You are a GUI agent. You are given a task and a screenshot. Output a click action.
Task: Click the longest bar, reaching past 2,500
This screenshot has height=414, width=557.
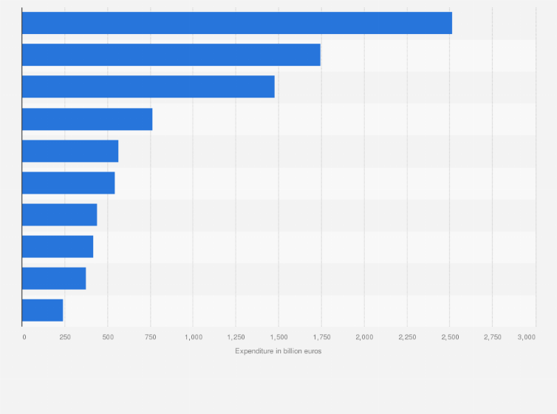coord(236,23)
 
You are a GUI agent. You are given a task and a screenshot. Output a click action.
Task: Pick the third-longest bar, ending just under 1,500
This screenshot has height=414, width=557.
coord(148,86)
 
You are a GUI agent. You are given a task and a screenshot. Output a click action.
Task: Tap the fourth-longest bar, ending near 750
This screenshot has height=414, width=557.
coord(87,119)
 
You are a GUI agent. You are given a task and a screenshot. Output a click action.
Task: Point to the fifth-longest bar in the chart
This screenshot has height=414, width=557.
coord(70,151)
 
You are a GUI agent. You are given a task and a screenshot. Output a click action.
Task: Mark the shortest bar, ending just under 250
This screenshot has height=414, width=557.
coord(42,310)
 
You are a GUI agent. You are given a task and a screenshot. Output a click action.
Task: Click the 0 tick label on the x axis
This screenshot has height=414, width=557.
coord(24,337)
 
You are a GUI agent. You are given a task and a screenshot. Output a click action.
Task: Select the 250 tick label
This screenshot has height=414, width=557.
coord(65,337)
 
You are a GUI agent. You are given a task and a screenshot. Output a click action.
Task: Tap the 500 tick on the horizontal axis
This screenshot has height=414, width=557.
coord(108,337)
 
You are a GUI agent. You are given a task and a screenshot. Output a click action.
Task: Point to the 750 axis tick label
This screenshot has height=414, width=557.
coord(150,337)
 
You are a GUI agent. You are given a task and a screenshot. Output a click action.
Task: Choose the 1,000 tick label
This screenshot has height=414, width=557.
coord(193,337)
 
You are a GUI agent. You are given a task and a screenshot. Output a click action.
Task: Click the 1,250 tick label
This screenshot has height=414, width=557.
coord(236,337)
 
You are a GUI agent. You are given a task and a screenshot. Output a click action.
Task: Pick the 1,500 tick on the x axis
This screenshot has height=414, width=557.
coord(278,337)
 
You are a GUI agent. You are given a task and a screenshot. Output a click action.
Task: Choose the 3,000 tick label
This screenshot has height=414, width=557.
coord(526,337)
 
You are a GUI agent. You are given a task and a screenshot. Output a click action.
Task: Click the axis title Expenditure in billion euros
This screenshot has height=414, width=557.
coord(278,351)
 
